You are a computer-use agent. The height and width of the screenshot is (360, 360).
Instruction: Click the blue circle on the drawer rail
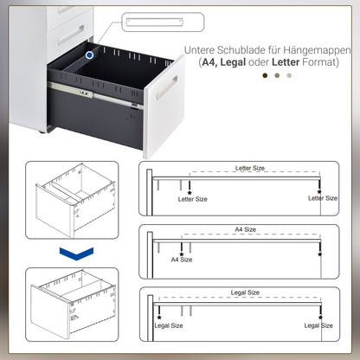pos(90,55)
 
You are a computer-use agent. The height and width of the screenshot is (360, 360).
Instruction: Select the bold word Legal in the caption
pos(234,63)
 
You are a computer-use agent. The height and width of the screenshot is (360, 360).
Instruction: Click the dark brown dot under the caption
pos(266,75)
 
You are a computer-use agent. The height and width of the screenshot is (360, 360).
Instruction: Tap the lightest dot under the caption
pos(289,75)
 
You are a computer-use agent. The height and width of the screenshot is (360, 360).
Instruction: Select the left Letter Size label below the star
pos(192,199)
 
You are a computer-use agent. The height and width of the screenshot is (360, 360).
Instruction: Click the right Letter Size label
pos(323,198)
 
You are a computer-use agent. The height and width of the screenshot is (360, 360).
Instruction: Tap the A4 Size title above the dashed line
pos(245,230)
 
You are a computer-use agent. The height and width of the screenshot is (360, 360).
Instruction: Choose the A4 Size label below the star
pos(181,259)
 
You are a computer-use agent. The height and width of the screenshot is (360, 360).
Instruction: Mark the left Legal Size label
pos(168,326)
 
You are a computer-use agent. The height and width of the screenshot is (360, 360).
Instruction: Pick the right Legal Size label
pos(318,326)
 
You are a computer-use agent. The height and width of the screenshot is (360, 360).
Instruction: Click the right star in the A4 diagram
pos(319,254)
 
